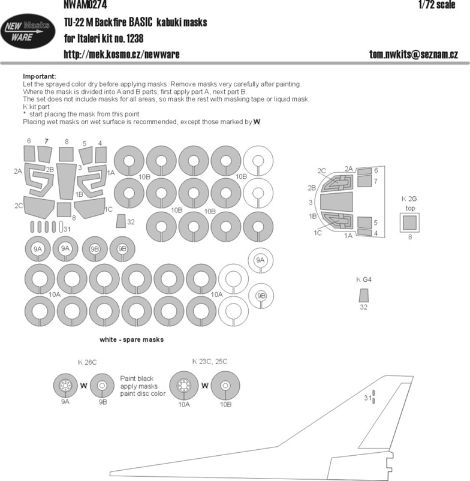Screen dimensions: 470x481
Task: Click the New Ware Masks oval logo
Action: (x=28, y=31)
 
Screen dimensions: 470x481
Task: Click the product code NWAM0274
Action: (x=86, y=4)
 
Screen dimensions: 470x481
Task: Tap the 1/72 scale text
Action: (x=436, y=4)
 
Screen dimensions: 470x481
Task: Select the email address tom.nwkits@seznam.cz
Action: (x=414, y=55)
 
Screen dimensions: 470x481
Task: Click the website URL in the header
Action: (x=122, y=55)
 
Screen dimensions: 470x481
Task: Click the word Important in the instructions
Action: (x=40, y=76)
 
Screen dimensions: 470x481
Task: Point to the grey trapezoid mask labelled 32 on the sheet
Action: (x=121, y=221)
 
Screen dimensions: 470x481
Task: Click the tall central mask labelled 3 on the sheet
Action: (x=66, y=182)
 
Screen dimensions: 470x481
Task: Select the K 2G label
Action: (x=409, y=199)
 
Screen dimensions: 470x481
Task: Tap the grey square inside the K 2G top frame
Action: (x=409, y=223)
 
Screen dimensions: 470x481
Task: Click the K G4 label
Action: (x=364, y=279)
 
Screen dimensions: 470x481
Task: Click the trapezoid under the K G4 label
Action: (x=364, y=296)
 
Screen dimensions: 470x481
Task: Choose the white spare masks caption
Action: (x=131, y=339)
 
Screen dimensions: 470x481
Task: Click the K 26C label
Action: (x=88, y=362)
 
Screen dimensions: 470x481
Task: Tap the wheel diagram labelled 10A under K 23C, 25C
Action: (x=184, y=386)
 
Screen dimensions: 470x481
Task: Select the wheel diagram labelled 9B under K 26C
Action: (x=103, y=386)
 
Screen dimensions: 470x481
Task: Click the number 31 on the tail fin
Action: (x=367, y=398)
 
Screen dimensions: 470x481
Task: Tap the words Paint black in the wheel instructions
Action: (x=137, y=378)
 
